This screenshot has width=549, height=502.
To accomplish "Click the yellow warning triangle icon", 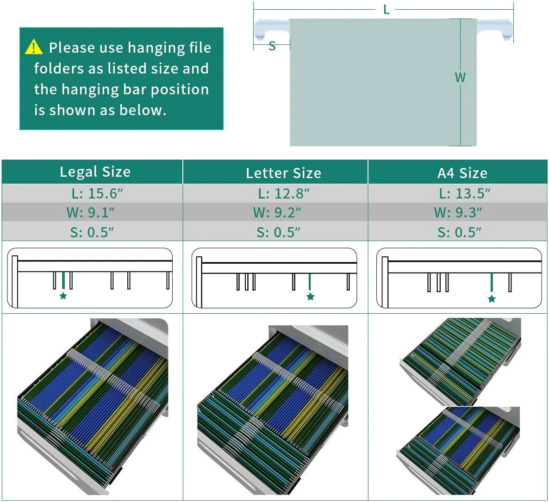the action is tap(34, 47).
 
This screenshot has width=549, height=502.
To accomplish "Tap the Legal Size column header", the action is tap(95, 172).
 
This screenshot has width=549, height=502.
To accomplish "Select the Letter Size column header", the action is tap(283, 173).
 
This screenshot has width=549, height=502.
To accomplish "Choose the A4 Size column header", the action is tap(462, 173).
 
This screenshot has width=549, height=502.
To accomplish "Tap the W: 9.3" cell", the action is tap(458, 212).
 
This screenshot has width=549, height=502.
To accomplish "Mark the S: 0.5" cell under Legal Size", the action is tap(92, 232).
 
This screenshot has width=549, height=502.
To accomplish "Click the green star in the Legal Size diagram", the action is tap(63, 296).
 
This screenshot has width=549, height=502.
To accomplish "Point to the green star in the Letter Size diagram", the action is tap(310, 297).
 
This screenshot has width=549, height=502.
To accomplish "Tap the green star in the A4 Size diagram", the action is tap(492, 298).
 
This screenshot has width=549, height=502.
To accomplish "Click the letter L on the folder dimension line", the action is tap(386, 10).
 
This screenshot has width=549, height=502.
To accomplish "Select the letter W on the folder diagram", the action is tap(460, 77).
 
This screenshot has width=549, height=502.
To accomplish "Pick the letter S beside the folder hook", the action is tap(272, 46).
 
